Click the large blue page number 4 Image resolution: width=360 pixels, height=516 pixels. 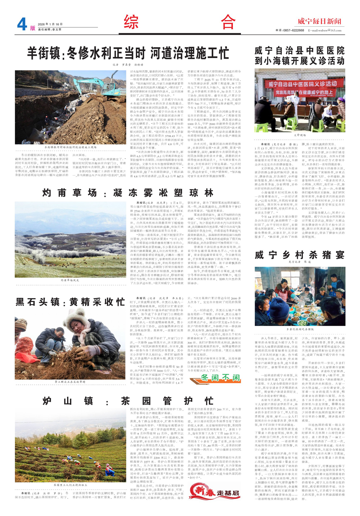point(22,24)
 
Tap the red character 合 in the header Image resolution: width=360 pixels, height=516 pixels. point(228,22)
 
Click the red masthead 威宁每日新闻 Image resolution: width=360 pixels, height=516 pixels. point(319,21)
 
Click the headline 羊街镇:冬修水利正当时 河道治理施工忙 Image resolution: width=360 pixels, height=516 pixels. point(128,53)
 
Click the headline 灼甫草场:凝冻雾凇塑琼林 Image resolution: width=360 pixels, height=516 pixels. point(128,193)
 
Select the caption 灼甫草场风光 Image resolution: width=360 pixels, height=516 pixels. point(70,280)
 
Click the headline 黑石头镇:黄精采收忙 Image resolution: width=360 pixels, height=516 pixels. point(70,302)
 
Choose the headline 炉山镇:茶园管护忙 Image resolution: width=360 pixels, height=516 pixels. point(128,401)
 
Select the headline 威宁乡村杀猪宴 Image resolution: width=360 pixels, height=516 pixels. point(300,255)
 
